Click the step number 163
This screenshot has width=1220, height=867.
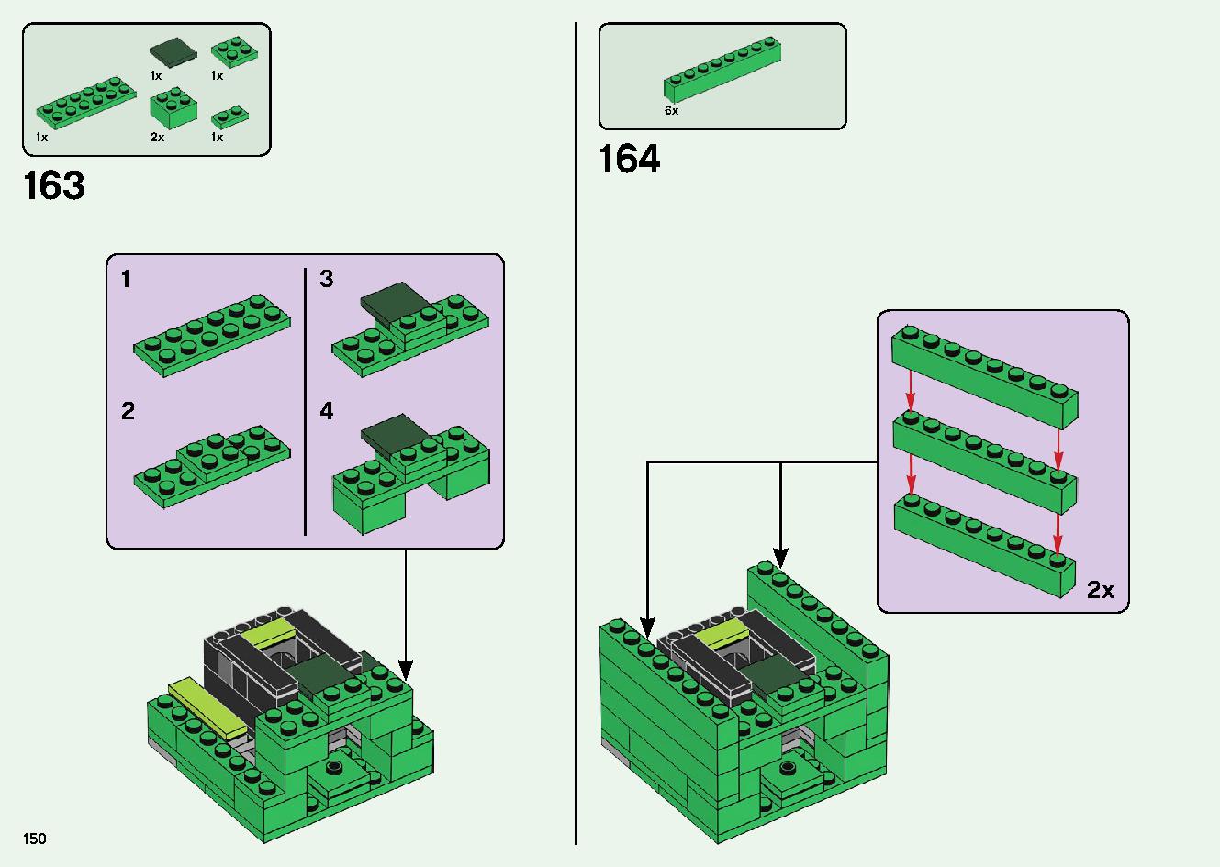pyautogui.click(x=54, y=185)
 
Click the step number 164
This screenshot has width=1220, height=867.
pyautogui.click(x=630, y=159)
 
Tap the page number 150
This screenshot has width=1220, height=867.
pyautogui.click(x=34, y=839)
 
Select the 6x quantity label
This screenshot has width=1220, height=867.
pyautogui.click(x=672, y=110)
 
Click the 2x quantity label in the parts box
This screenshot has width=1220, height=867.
pyautogui.click(x=157, y=137)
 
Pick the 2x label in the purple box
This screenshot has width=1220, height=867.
pyautogui.click(x=1100, y=590)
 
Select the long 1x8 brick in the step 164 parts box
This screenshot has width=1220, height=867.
pyautogui.click(x=722, y=69)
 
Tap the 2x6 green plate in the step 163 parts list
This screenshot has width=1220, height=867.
pyautogui.click(x=86, y=103)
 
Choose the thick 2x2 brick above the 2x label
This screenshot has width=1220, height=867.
pyautogui.click(x=173, y=108)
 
